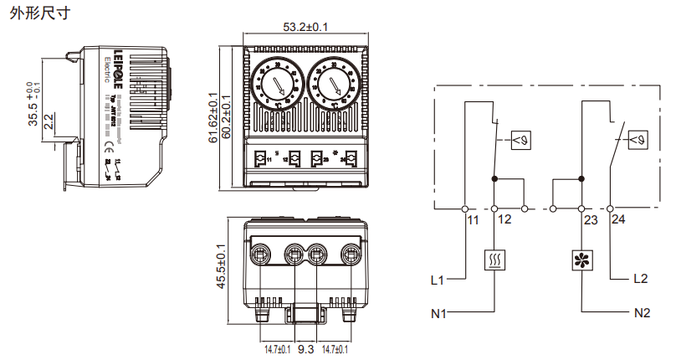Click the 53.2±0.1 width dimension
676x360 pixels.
click(x=305, y=27)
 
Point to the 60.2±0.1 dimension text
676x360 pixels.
click(x=226, y=117)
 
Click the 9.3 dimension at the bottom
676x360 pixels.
click(x=305, y=348)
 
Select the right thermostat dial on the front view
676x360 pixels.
click(x=335, y=84)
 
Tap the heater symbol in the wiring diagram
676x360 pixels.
click(x=494, y=260)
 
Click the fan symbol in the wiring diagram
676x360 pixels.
click(x=580, y=260)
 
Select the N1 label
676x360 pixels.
click(x=438, y=314)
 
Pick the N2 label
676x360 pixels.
click(x=642, y=314)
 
